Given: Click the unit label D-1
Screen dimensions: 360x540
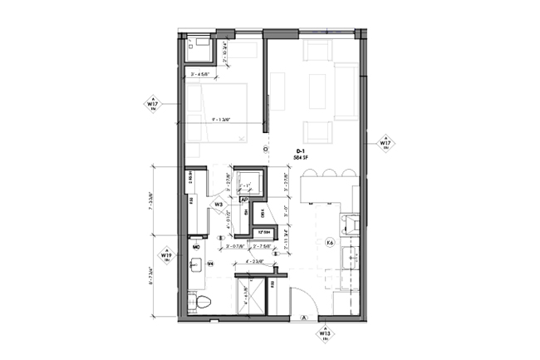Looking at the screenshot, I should pos(300,150).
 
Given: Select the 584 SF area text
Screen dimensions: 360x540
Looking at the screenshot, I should pos(300,157).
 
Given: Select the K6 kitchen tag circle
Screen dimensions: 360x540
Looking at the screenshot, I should pos(329,243).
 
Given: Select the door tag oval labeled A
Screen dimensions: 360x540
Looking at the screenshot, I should pos(305,317).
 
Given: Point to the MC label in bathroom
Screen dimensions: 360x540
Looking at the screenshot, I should pos(197,248).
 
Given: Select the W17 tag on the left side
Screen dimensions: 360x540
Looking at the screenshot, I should pos(152,105).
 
